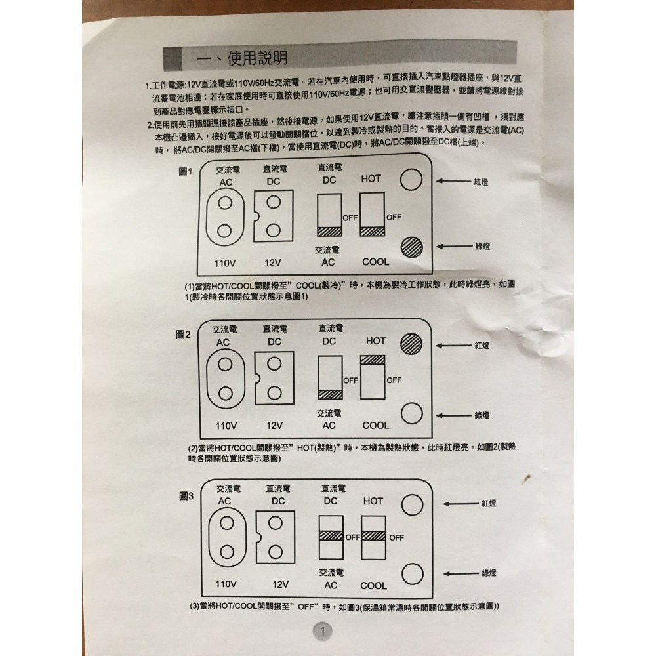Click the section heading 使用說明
coord(256,58)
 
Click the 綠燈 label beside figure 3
coord(489,573)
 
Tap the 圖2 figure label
coord(183,335)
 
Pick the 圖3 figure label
coord(187,496)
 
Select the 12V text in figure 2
coord(275,425)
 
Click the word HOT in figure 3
coord(373,501)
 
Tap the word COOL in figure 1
coord(376,262)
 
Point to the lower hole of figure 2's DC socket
coord(274,392)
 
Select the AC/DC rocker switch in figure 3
coord(331,537)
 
